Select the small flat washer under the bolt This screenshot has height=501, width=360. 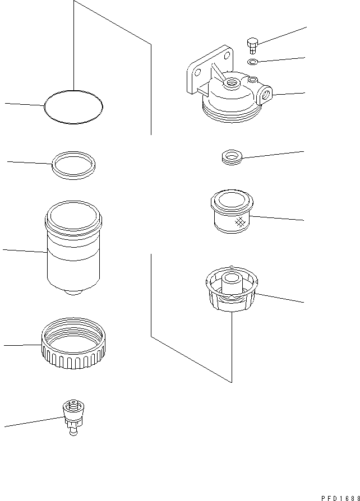[253, 61]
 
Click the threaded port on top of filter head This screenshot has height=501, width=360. [230, 84]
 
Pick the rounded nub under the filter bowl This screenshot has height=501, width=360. [73, 293]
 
